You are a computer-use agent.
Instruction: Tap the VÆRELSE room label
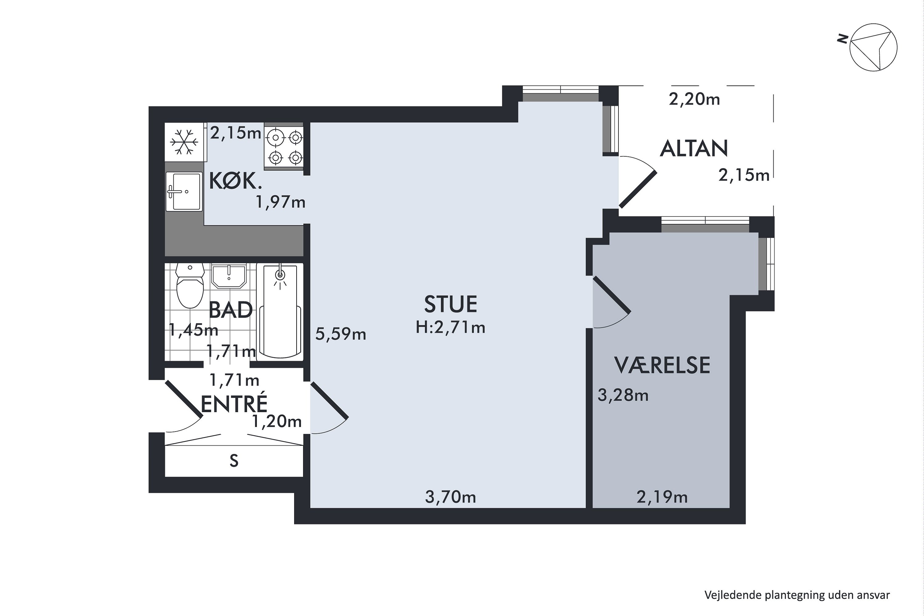click(662, 365)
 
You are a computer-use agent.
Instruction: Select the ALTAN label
click(694, 148)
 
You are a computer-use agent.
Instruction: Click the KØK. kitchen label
click(235, 181)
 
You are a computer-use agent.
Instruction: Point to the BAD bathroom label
click(231, 310)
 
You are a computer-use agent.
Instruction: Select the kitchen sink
click(184, 192)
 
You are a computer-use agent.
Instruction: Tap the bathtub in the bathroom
click(280, 312)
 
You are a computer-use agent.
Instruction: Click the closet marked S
click(234, 460)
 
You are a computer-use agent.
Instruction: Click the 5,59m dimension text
click(341, 334)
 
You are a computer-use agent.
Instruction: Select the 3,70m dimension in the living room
click(451, 497)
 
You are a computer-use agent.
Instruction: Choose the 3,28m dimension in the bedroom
click(623, 395)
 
